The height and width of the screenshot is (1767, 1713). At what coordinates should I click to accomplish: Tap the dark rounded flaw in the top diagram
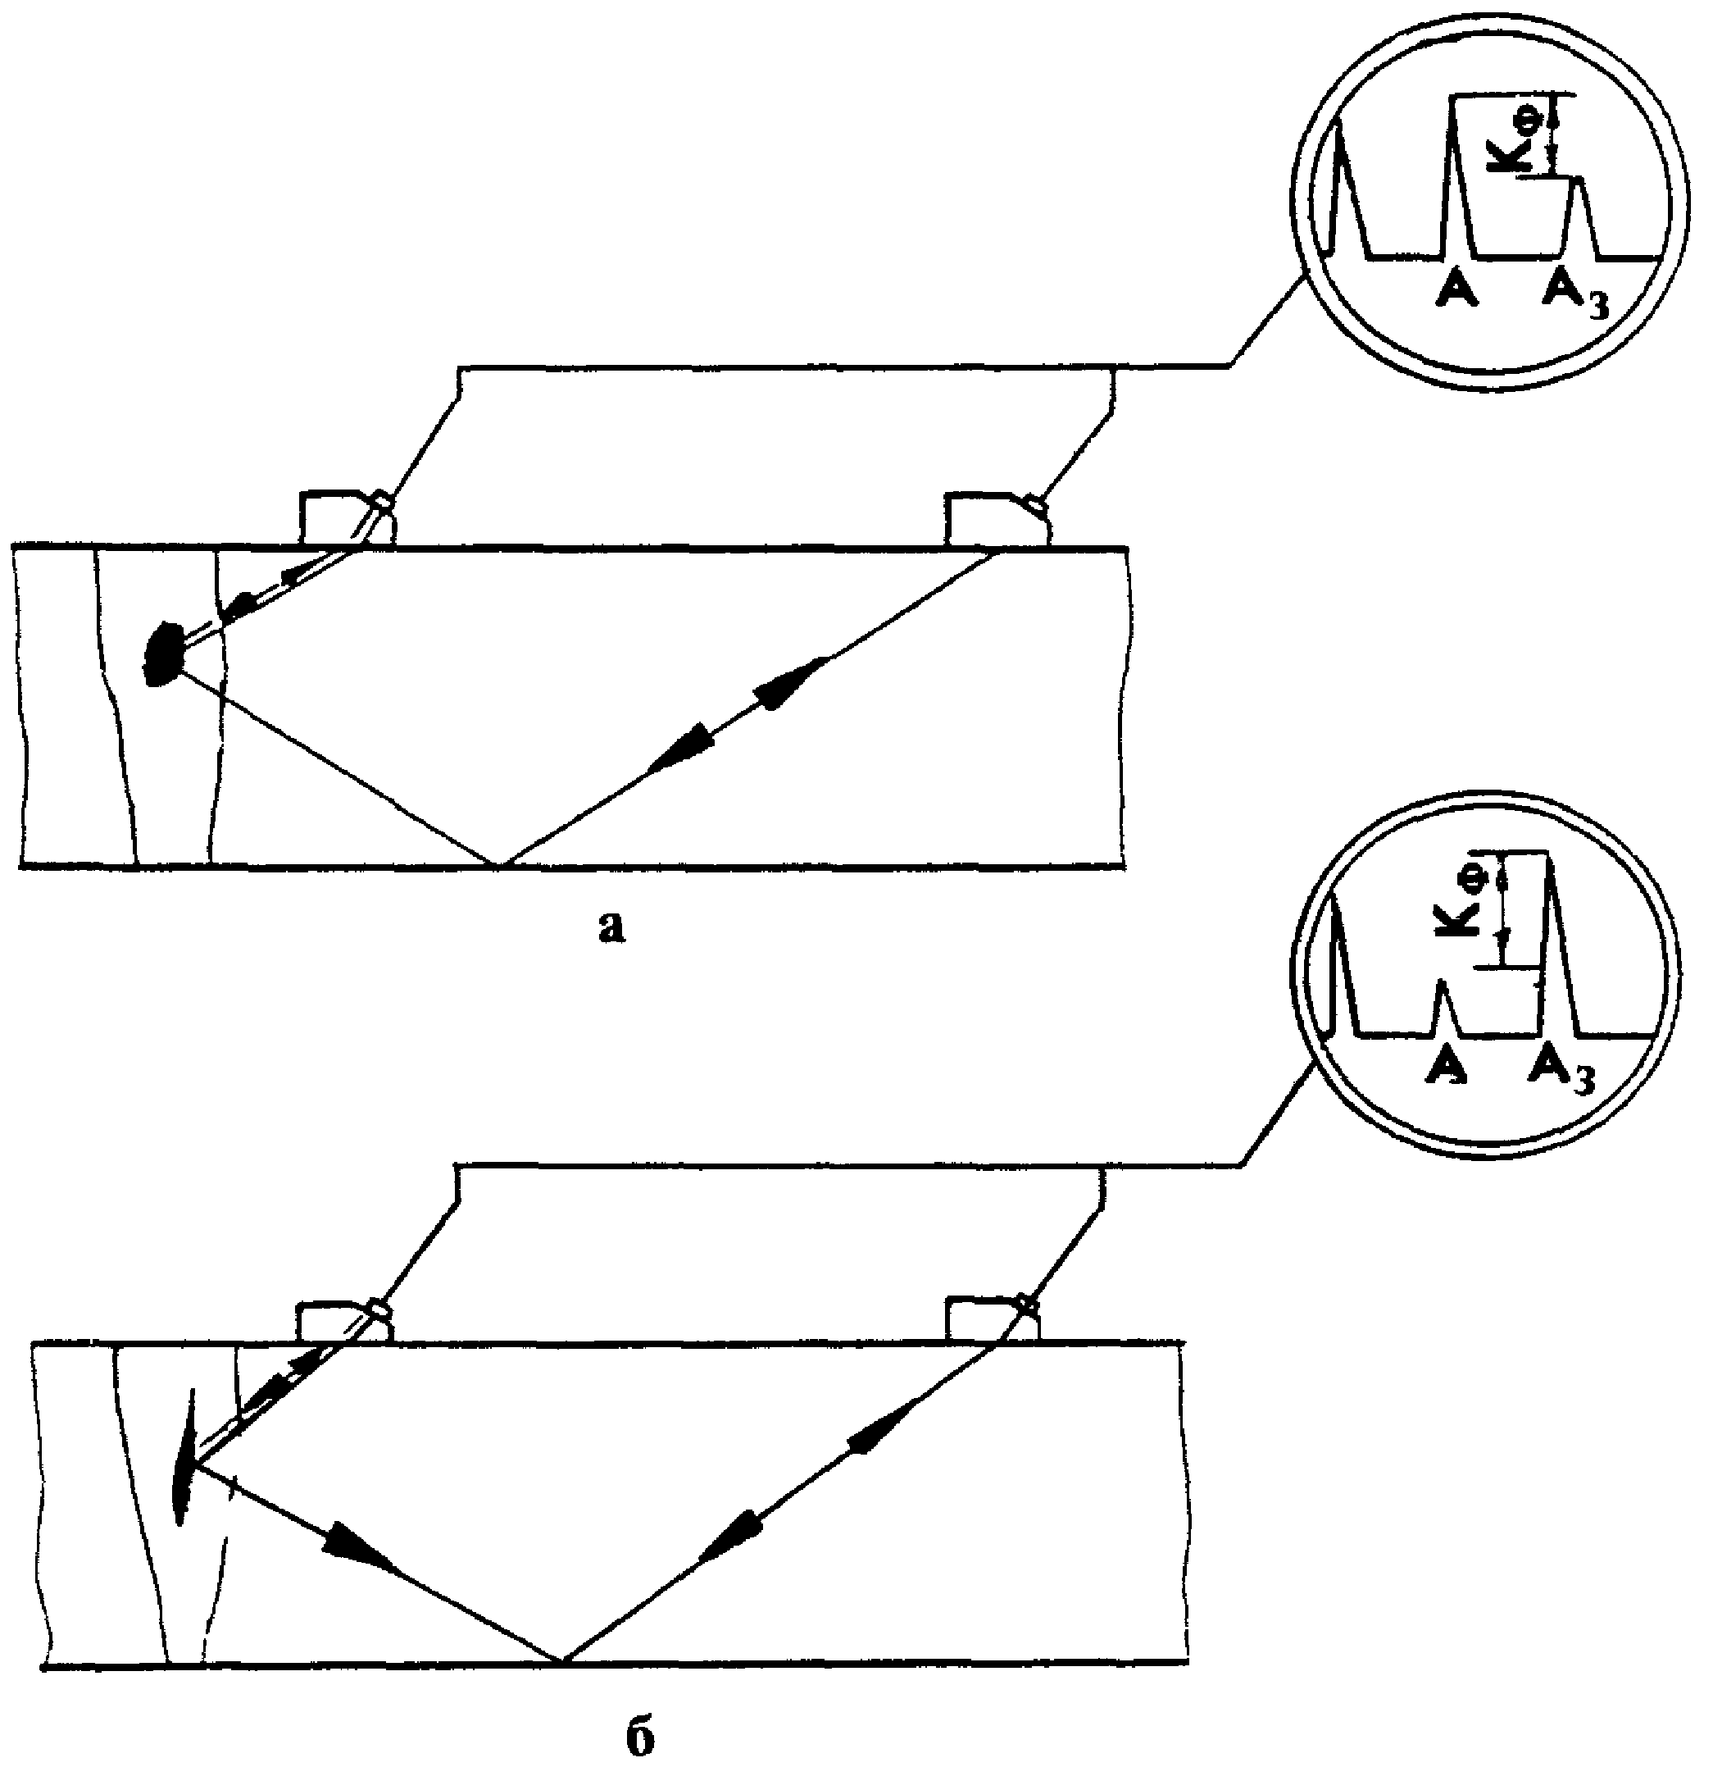coord(163,653)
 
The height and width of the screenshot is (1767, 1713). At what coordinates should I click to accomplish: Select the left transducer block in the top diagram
coord(346,518)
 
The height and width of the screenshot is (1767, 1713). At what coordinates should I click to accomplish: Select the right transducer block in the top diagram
coord(997,518)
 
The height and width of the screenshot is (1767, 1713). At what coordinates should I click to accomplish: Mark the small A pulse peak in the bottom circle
coord(1443,982)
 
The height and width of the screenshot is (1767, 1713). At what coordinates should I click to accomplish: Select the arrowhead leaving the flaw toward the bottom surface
coord(356,1544)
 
